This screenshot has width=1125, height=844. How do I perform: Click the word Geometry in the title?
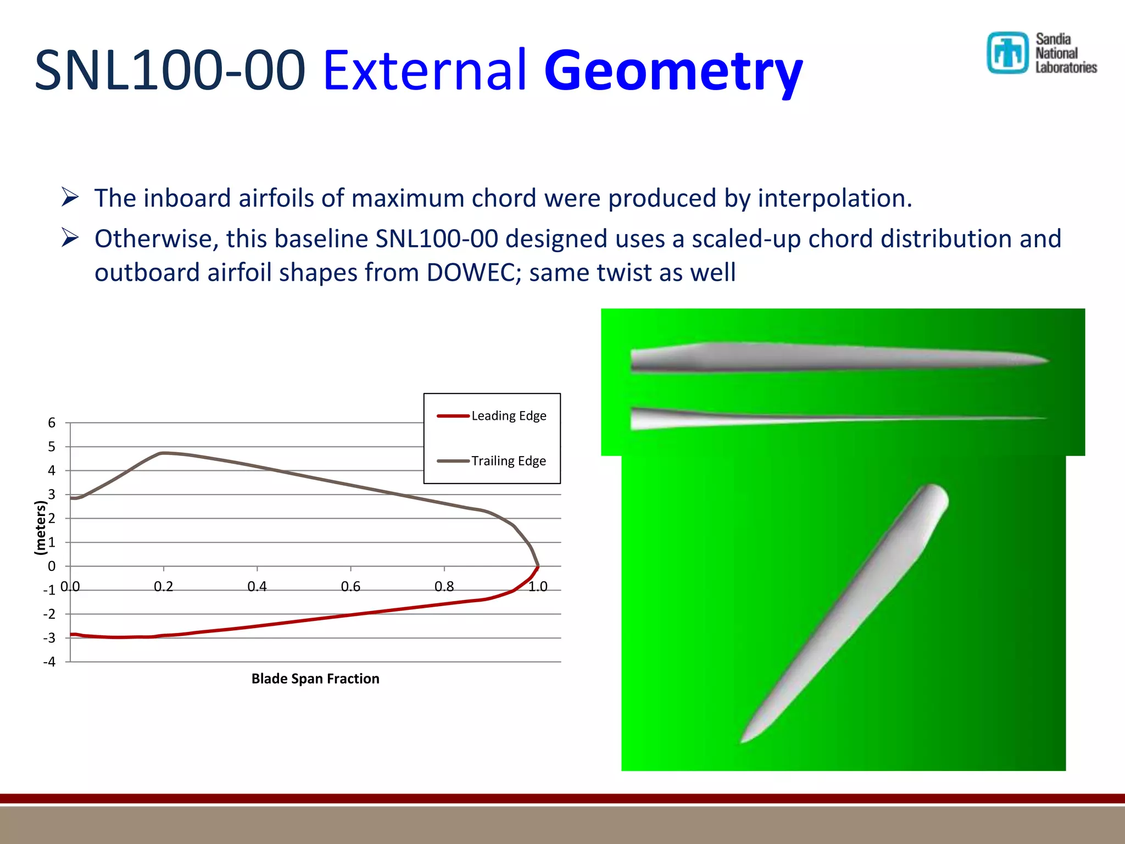point(673,71)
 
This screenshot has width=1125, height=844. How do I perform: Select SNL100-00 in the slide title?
point(170,71)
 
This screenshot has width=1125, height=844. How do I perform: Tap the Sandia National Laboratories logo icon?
point(1007,53)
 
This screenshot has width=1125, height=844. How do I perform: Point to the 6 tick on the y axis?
point(52,423)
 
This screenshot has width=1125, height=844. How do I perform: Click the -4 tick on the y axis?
point(49,662)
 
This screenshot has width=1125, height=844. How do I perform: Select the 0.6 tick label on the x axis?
point(350,586)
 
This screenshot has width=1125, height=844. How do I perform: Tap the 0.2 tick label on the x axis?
point(163,586)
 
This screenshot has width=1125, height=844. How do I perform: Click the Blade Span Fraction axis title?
point(315,679)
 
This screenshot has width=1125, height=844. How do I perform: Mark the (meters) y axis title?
point(40,527)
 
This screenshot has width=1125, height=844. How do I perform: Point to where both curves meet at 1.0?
point(538,567)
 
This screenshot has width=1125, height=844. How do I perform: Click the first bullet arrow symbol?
point(70,197)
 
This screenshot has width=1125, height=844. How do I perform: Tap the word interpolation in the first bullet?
point(834,198)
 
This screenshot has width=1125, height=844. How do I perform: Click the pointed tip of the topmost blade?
point(1047,361)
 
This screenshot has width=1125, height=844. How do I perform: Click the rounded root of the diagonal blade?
point(934,495)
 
